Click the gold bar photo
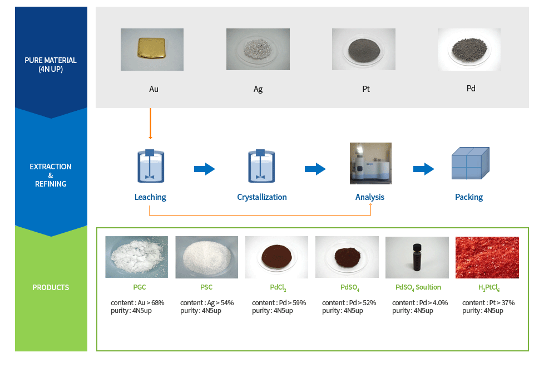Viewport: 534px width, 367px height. point(152,50)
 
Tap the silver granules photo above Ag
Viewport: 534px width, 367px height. point(258,50)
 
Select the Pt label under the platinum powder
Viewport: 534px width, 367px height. point(366,89)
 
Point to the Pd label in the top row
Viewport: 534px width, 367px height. point(471,89)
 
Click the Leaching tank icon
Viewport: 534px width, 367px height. point(151,166)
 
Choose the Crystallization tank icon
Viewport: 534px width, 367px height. point(261,166)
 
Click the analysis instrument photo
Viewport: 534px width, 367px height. point(370,163)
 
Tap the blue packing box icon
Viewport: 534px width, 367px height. point(471,163)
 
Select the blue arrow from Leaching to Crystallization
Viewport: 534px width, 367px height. point(204,169)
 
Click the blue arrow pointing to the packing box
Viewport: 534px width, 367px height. point(424,169)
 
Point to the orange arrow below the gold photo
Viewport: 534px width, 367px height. point(150,124)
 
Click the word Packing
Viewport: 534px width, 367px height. point(469,197)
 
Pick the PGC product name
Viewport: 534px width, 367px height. point(139,287)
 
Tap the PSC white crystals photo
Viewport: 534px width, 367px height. point(207,257)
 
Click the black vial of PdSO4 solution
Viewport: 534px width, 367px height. point(417,257)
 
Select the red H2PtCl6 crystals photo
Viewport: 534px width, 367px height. point(487,257)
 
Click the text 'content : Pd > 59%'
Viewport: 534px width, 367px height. point(279,302)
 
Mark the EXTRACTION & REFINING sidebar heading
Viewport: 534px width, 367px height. point(51,175)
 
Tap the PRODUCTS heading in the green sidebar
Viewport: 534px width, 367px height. point(51,287)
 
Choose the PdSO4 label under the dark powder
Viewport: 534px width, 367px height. point(350,287)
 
